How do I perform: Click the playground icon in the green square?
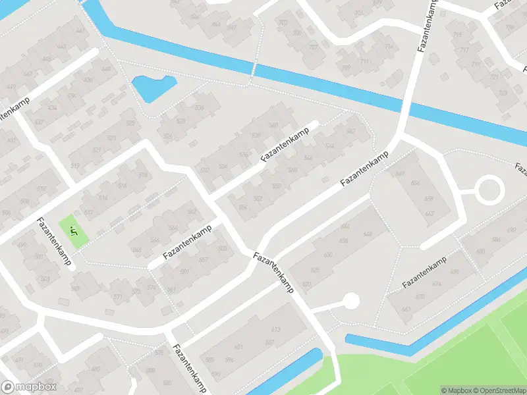click(74, 230)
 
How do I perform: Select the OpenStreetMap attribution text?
click(499, 390)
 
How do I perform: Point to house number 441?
click(80, 30)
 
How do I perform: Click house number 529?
click(131, 122)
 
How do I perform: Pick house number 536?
click(199, 107)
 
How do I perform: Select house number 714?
click(389, 46)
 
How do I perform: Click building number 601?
click(238, 348)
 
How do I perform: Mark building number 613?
click(276, 329)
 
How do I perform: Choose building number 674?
click(437, 284)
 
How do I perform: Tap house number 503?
click(45, 278)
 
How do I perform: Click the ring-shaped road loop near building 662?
click(489, 190)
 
